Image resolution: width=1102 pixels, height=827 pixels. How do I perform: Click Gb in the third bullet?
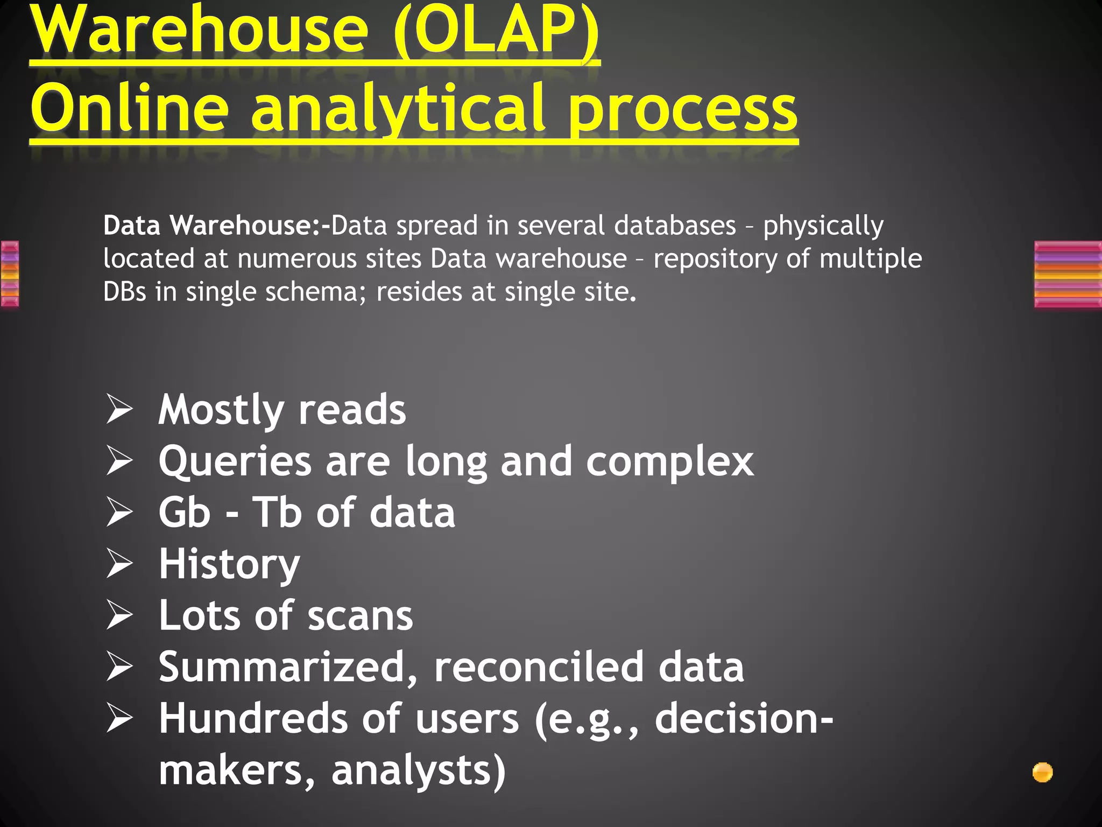tap(184, 513)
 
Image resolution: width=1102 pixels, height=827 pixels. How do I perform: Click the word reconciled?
tap(539, 667)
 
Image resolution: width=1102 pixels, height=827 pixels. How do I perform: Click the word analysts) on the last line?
tap(419, 770)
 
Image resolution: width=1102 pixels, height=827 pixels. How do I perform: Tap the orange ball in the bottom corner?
tap(1042, 773)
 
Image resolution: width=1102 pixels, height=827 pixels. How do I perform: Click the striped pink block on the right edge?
tap(1068, 275)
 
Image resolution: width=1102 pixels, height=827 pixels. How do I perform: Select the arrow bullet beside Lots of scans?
tap(119, 615)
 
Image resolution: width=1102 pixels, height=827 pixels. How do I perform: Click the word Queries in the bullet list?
tap(235, 462)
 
